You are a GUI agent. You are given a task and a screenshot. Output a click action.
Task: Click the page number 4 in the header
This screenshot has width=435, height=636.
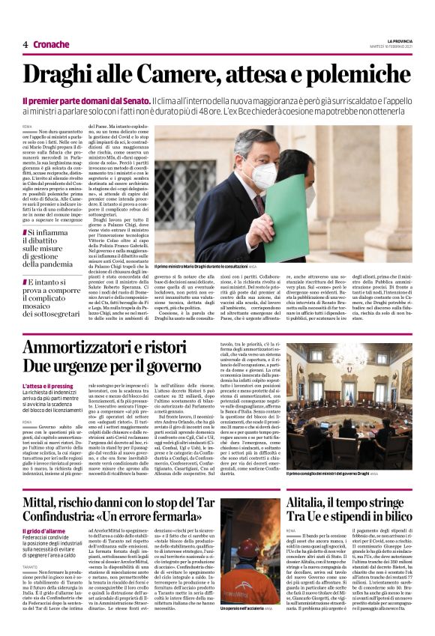tap(25, 44)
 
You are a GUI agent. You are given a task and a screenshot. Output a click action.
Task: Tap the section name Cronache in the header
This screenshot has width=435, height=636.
tap(51, 44)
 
